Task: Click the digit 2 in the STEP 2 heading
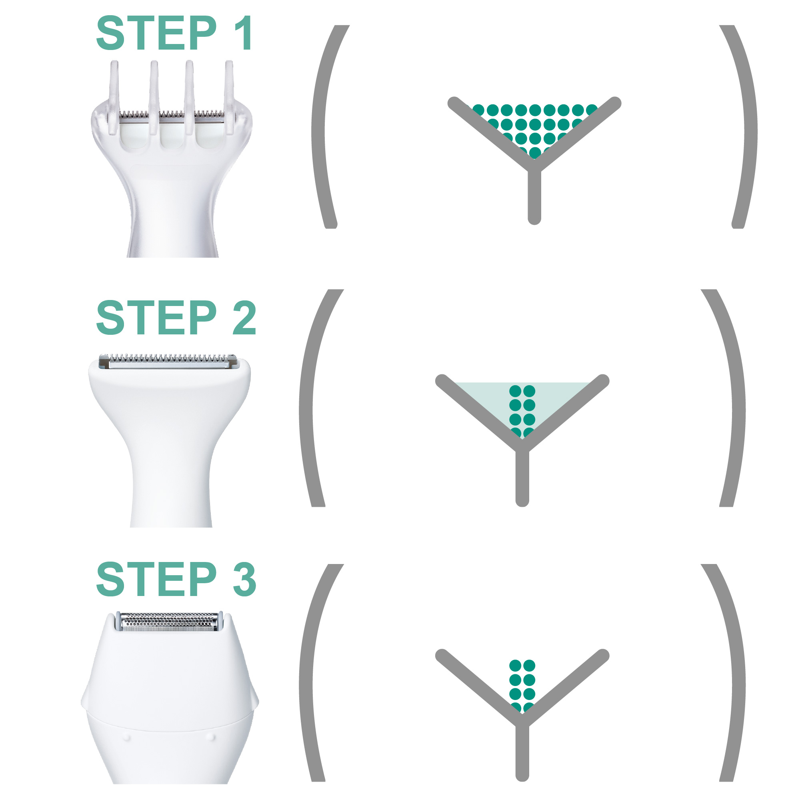pyautogui.click(x=244, y=318)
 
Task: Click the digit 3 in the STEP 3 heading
pyautogui.click(x=244, y=580)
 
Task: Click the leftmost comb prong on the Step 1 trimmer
pyautogui.click(x=114, y=95)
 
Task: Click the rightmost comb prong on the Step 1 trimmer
pyautogui.click(x=229, y=95)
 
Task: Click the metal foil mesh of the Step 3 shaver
pyautogui.click(x=169, y=622)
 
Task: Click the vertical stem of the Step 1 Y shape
pyautogui.click(x=534, y=195)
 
